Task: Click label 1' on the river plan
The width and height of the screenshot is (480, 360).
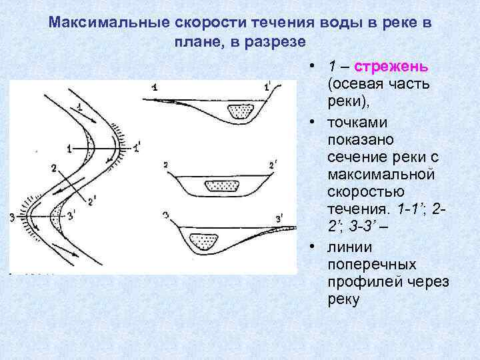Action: click(x=137, y=146)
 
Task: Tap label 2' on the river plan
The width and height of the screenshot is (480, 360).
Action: click(x=91, y=197)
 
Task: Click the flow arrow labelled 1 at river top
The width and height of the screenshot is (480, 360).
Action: click(x=79, y=110)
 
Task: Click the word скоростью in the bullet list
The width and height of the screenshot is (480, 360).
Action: click(x=361, y=192)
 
